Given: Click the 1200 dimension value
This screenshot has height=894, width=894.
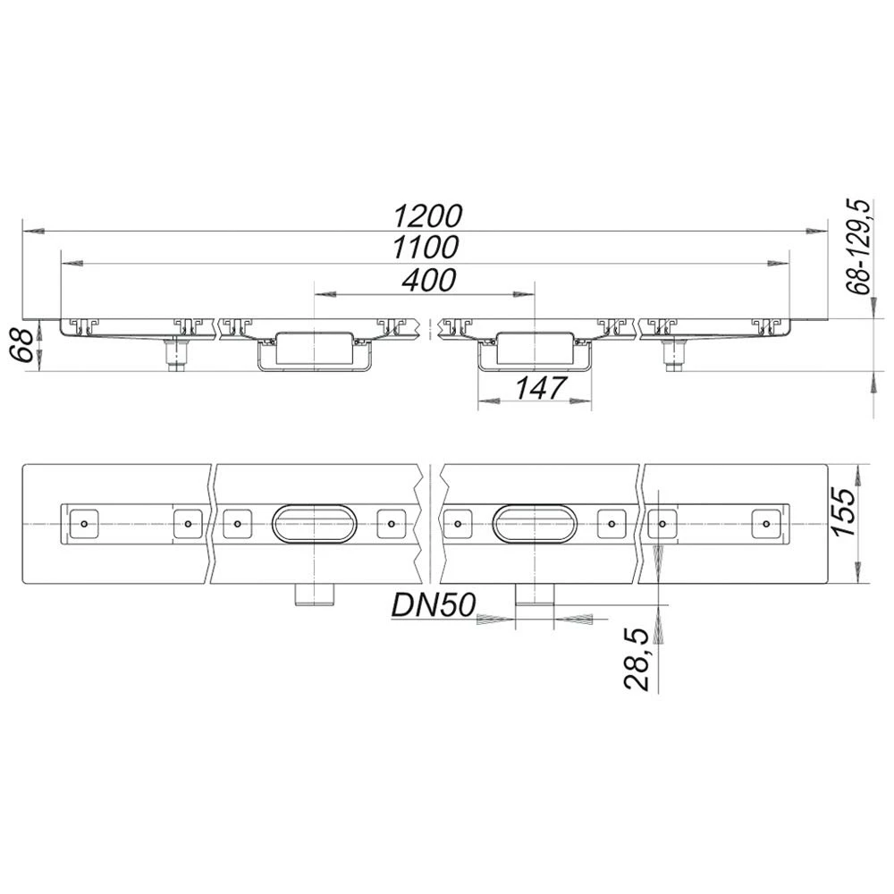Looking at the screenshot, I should pos(427,215).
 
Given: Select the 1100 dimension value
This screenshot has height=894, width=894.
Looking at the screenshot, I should pos(427,248).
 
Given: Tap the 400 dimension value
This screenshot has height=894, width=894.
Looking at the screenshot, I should pos(427,280).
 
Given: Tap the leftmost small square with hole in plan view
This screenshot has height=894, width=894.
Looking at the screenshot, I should pos(83,523).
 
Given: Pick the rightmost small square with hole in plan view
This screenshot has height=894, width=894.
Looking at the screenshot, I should pos(765,523).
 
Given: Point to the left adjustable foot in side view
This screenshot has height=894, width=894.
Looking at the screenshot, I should pos(176,356).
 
